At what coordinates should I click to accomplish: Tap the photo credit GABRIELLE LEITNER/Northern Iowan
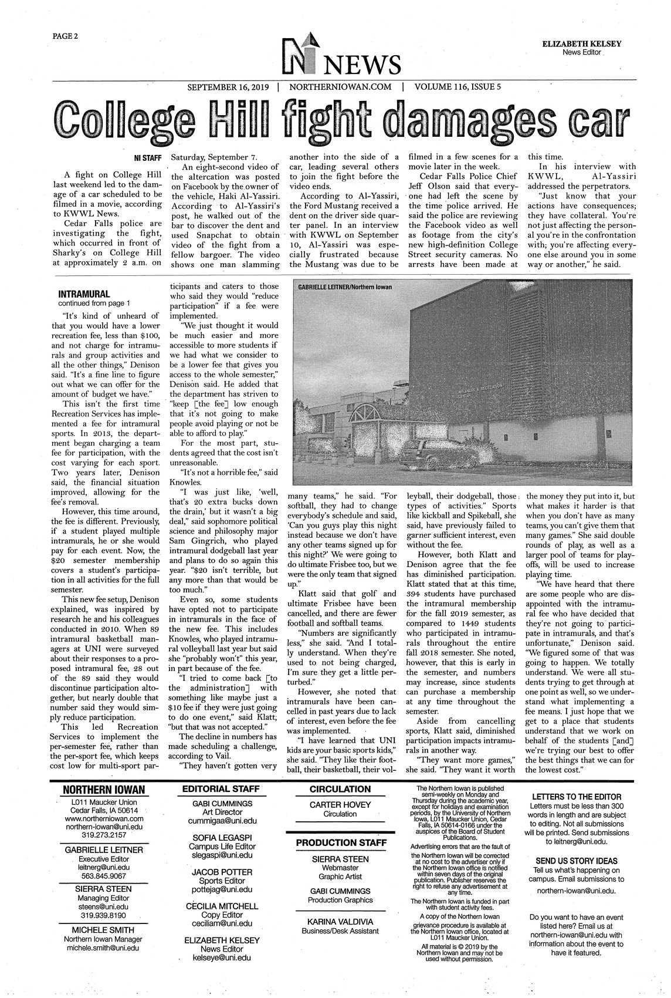click(x=344, y=287)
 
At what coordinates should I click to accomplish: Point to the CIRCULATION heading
click(x=340, y=789)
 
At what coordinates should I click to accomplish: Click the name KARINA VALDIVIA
click(x=340, y=922)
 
